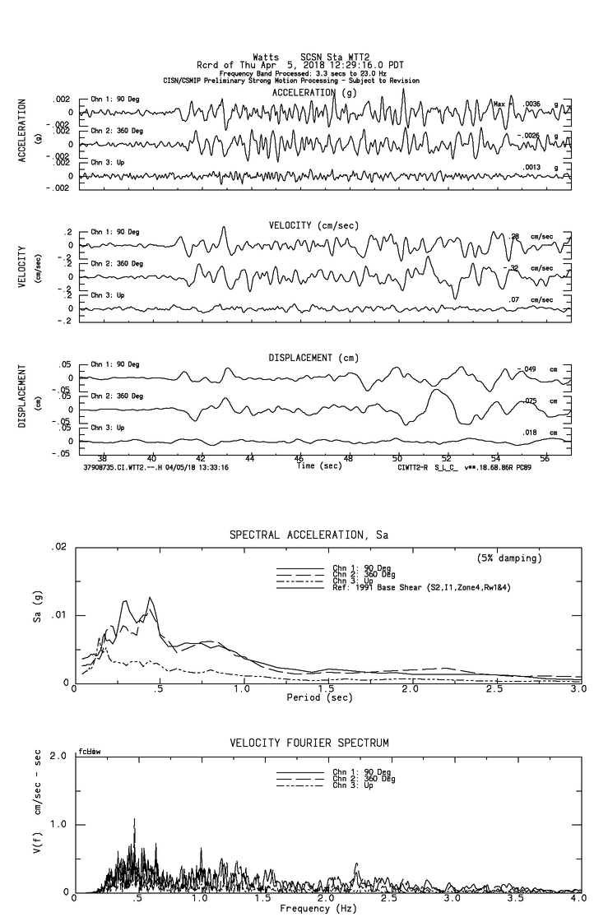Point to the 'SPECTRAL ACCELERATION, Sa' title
[x=309, y=535]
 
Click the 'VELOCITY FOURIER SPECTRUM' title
[x=309, y=743]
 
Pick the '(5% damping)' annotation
[x=509, y=558]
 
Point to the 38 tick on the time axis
[x=102, y=458]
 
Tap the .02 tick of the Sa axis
[x=58, y=547]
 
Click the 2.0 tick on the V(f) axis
[x=58, y=756]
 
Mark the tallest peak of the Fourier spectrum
[x=134, y=820]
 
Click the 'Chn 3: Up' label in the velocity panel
[x=108, y=294]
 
